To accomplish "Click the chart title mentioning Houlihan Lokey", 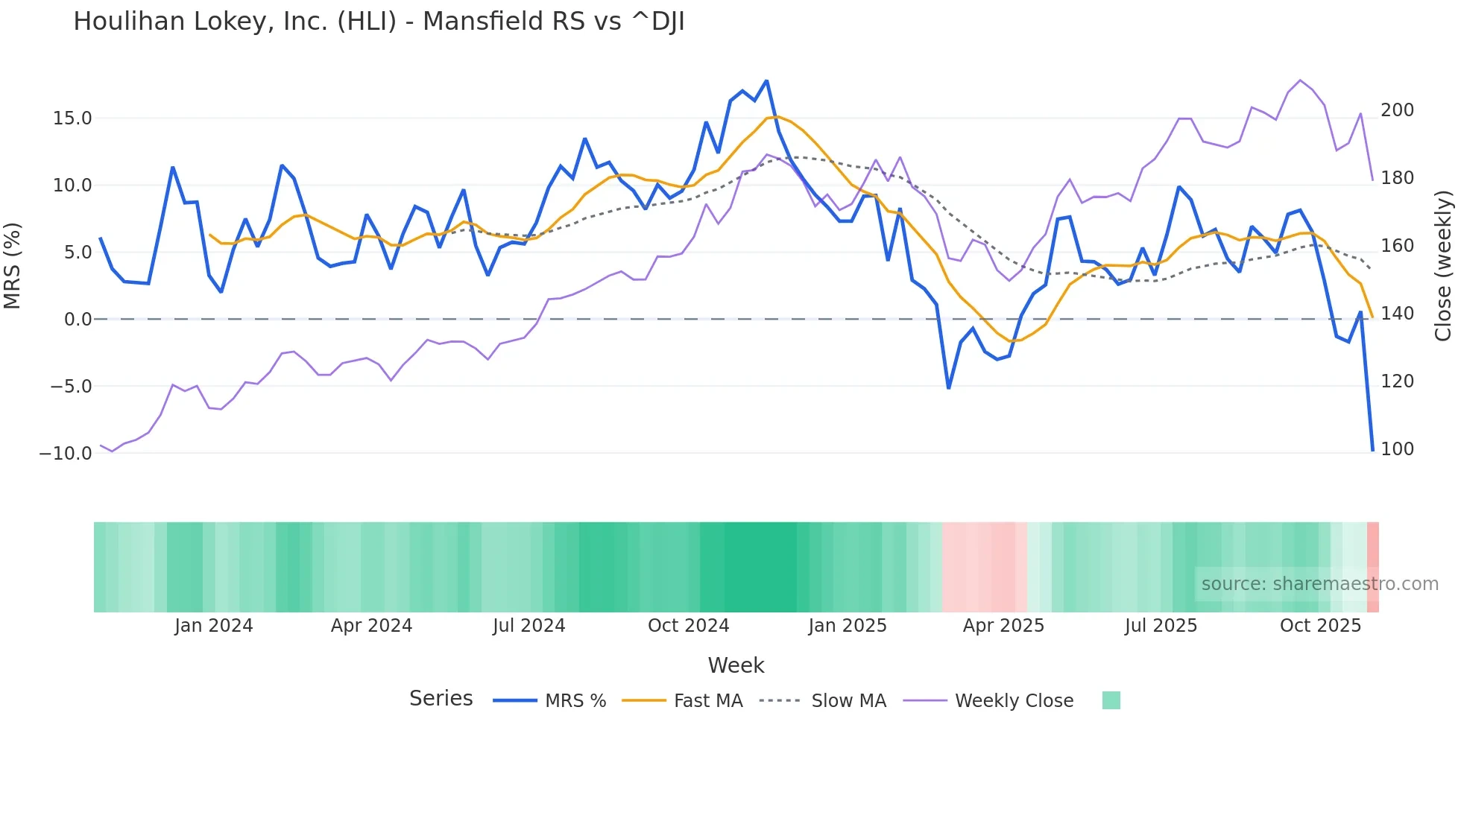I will (379, 22).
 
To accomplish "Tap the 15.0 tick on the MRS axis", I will (72, 118).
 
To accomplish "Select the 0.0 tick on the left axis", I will (78, 320).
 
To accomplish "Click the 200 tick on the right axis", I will (1397, 110).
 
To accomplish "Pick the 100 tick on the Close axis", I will (1397, 449).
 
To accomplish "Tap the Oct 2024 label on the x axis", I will (688, 626).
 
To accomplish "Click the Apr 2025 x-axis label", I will (1003, 626).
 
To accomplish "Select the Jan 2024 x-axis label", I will (214, 626).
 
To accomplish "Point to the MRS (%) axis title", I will (13, 266).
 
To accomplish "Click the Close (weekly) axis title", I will (1444, 266).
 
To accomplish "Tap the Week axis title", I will (736, 665).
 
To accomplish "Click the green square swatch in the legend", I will (1111, 700).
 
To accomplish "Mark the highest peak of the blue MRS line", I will (766, 81).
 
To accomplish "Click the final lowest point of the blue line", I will (1372, 450).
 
